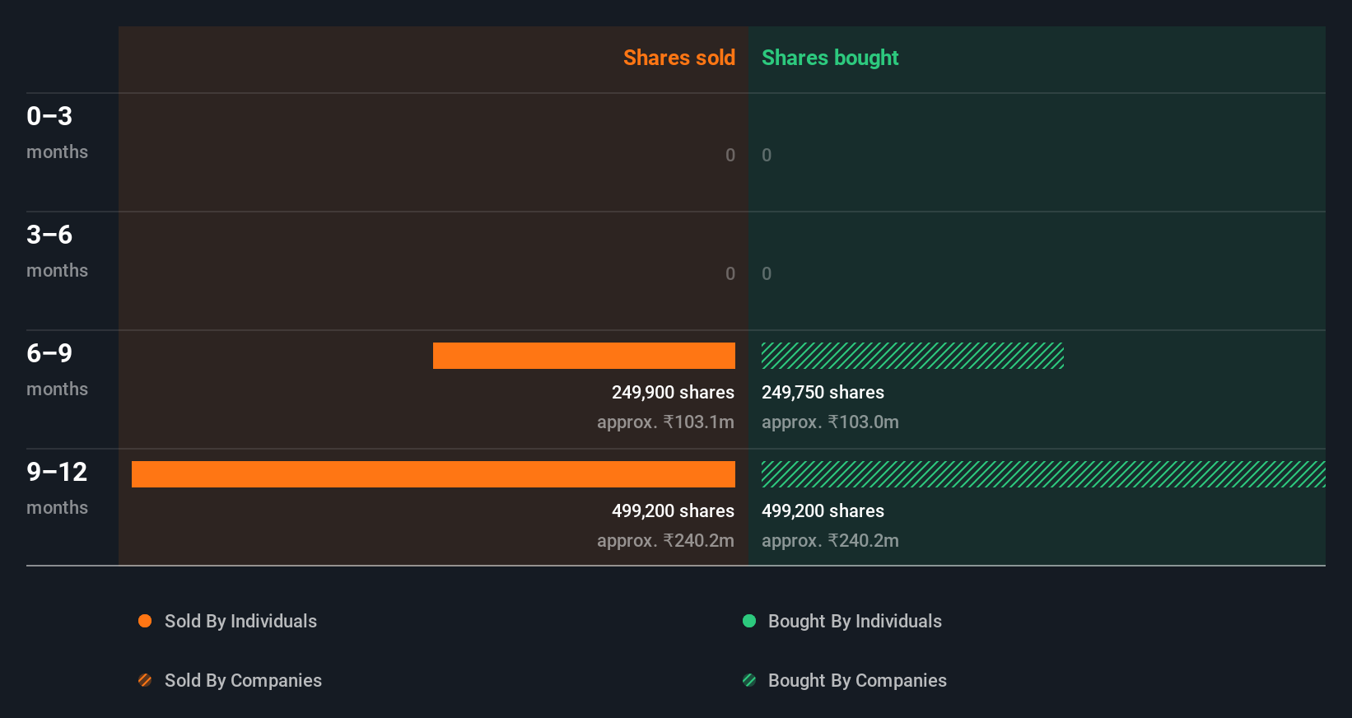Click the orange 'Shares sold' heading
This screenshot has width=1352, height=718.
678,58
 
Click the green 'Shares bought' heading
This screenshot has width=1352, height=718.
829,58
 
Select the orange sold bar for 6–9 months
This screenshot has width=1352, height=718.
584,356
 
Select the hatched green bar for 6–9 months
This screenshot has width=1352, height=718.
912,356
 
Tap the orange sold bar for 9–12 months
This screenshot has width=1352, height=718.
433,474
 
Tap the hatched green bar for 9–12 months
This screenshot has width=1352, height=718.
1043,474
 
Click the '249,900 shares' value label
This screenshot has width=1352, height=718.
673,393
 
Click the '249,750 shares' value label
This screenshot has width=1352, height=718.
823,393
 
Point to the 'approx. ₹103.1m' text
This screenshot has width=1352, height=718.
665,422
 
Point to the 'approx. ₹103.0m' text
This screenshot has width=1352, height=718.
830,422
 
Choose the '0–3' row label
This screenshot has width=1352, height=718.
49,116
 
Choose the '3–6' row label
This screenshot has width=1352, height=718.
49,235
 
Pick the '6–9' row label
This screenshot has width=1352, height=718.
49,353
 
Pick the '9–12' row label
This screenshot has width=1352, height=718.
57,472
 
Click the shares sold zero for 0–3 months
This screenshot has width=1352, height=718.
730,155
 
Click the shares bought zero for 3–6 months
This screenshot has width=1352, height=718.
767,273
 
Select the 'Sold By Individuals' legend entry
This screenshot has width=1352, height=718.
240,622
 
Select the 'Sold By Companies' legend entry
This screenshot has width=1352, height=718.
242,681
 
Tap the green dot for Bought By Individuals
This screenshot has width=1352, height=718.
749,621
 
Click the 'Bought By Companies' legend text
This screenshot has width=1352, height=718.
857,681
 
